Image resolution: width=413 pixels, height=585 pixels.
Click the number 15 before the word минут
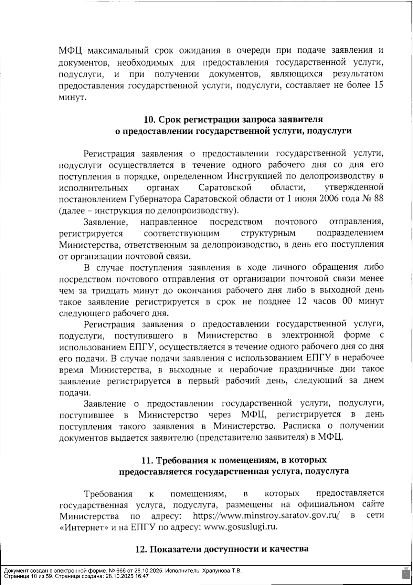tap(378, 85)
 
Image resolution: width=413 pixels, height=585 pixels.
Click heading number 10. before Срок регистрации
tap(150, 120)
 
